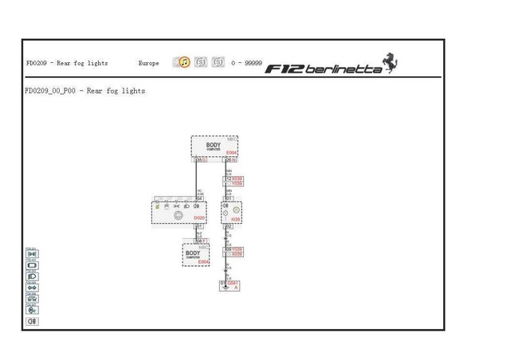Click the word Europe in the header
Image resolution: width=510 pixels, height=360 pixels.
[149, 63]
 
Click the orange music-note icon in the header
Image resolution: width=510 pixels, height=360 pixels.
[184, 62]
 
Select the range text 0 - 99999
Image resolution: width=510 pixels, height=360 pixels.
[246, 63]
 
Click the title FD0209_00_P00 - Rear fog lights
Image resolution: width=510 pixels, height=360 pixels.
[85, 92]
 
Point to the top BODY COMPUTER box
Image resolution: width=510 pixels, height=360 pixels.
[214, 147]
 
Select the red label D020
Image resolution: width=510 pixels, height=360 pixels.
[199, 217]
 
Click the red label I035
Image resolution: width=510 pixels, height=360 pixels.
[235, 218]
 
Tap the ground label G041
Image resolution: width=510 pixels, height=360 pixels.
[233, 283]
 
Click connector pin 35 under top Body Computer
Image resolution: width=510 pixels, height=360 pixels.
[200, 160]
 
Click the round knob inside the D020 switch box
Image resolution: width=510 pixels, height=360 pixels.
[178, 216]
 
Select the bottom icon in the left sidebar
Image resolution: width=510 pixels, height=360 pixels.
[33, 321]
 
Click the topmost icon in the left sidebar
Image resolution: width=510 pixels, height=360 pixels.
[33, 254]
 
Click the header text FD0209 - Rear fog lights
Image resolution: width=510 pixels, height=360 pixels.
[67, 63]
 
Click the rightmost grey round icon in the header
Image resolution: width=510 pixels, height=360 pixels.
[218, 62]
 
